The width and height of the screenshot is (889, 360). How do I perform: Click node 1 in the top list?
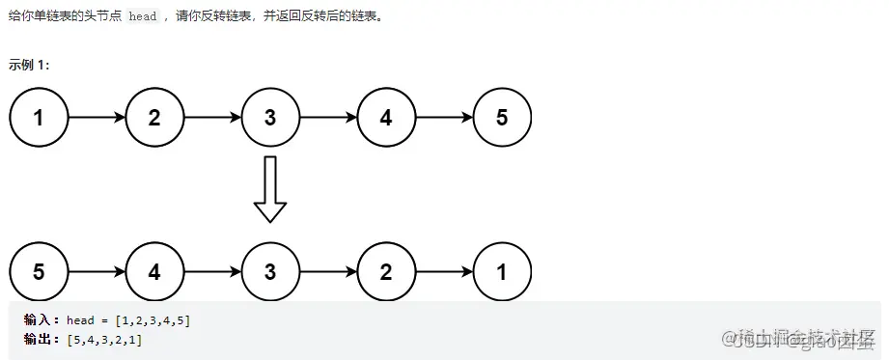point(39,118)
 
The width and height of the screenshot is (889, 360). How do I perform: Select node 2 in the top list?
point(154,118)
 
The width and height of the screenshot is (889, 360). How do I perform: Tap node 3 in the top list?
point(270,118)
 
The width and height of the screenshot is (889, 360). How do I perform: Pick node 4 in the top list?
point(386,118)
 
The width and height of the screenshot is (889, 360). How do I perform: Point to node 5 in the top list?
point(502,118)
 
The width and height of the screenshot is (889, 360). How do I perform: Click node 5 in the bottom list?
point(39,271)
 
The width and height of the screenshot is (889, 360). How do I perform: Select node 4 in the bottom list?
point(154,271)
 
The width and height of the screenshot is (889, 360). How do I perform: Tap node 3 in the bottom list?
point(270,271)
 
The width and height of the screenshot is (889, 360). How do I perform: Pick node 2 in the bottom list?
point(386,271)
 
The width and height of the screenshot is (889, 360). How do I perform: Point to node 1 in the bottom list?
point(502,271)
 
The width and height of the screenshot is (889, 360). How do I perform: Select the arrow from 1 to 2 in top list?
point(97,118)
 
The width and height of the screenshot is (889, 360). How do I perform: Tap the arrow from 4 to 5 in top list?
point(444,118)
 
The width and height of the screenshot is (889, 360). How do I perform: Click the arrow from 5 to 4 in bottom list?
point(97,271)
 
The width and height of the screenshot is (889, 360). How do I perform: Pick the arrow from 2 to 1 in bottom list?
point(444,271)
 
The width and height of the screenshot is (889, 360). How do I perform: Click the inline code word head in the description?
point(142,17)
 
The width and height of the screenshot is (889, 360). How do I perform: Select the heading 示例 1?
point(29,65)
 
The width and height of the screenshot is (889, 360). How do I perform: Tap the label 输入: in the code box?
point(42,319)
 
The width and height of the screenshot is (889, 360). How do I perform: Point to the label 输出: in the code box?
point(42,339)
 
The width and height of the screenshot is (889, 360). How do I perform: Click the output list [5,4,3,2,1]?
point(104,339)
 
